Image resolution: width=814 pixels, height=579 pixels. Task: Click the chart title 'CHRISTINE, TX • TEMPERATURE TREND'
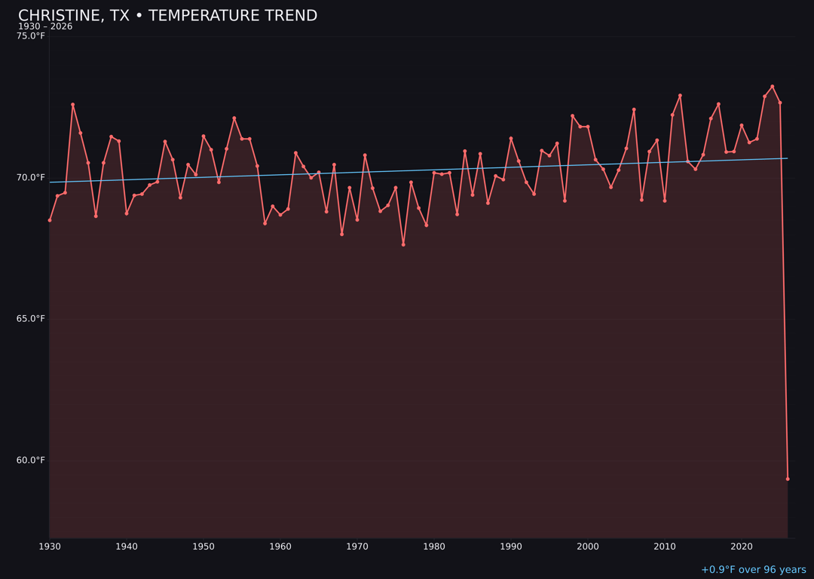tap(167, 16)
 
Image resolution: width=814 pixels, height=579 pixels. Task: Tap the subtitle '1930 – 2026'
tap(45, 27)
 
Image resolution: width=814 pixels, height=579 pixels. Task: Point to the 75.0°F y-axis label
tap(31, 36)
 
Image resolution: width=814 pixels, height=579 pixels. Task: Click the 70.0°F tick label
tap(31, 178)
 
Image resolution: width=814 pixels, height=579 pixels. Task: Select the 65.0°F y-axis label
tap(31, 319)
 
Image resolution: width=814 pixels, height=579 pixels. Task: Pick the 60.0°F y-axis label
tap(31, 461)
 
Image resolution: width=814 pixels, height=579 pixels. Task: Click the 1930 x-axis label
tap(50, 547)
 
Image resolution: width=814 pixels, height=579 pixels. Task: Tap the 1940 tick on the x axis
tap(127, 547)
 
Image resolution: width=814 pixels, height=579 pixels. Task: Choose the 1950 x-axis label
tap(203, 547)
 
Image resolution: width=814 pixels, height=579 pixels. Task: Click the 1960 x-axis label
tap(280, 547)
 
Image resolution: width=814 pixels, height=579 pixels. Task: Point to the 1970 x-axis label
tap(357, 547)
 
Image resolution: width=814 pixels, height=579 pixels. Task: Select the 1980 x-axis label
tap(434, 547)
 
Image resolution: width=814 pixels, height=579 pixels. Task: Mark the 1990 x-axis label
tap(511, 547)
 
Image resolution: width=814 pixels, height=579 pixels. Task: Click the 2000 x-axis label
tap(588, 547)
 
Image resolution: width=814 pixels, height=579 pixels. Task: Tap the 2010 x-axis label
tap(665, 547)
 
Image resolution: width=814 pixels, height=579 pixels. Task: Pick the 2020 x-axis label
tap(742, 547)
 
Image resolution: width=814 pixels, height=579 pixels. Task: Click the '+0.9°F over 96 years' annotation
tap(753, 570)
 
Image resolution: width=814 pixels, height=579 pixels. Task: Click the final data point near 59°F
tap(788, 479)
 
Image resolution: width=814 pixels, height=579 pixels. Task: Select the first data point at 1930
tap(50, 220)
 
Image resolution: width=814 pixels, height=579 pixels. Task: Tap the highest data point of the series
tap(772, 87)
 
